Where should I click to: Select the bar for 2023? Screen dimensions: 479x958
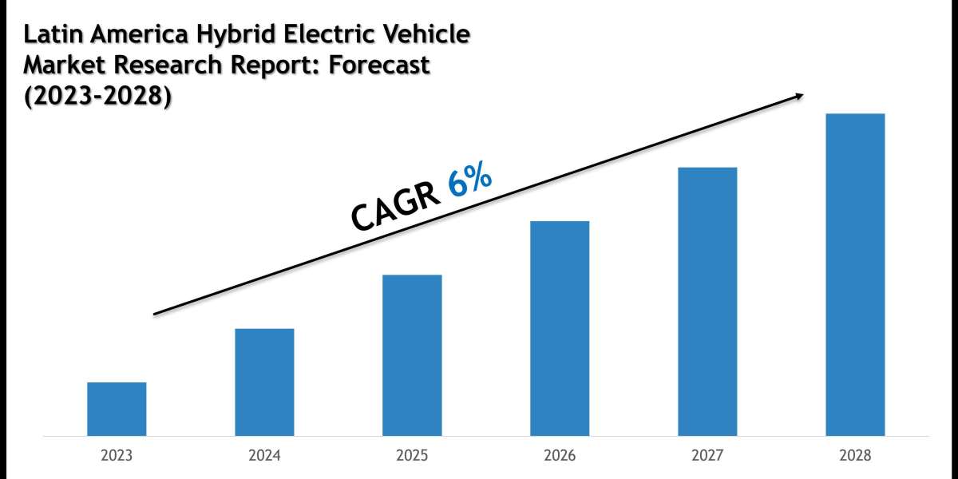117,409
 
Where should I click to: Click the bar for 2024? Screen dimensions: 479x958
264,382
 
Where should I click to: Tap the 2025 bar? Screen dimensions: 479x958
412,355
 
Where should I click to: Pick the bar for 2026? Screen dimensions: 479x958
560,328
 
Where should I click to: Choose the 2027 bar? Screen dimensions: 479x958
707,301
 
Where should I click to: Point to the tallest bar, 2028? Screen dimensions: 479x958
855,275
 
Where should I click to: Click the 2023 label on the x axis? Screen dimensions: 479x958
117,456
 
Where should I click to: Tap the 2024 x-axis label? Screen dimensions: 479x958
264,456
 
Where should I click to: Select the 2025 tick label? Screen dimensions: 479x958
412,456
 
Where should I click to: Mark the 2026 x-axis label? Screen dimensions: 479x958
560,456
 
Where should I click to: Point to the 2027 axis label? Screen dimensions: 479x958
707,456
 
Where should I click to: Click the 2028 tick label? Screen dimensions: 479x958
855,456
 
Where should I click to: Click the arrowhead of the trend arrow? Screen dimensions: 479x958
798,96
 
